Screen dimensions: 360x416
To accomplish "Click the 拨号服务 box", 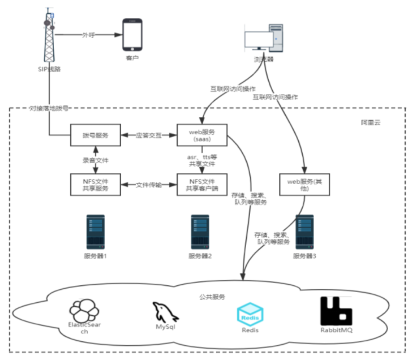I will [x=96, y=135].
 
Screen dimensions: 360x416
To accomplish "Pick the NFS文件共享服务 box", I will [x=96, y=185].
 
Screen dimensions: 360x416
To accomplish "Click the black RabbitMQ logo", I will [x=336, y=311].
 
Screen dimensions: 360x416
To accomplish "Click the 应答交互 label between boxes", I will [x=149, y=135].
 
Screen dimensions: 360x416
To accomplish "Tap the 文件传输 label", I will [x=149, y=185].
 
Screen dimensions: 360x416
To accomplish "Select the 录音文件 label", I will [x=96, y=160].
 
